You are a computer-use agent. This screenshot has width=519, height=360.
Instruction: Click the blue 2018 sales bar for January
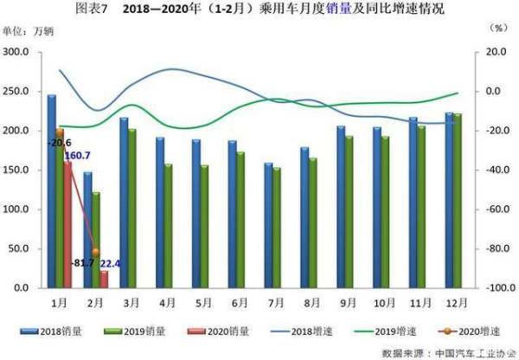tap(52, 190)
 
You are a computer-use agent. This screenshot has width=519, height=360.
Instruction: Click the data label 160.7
tap(77, 156)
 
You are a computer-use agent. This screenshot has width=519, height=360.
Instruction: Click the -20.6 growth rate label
tap(60, 142)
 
